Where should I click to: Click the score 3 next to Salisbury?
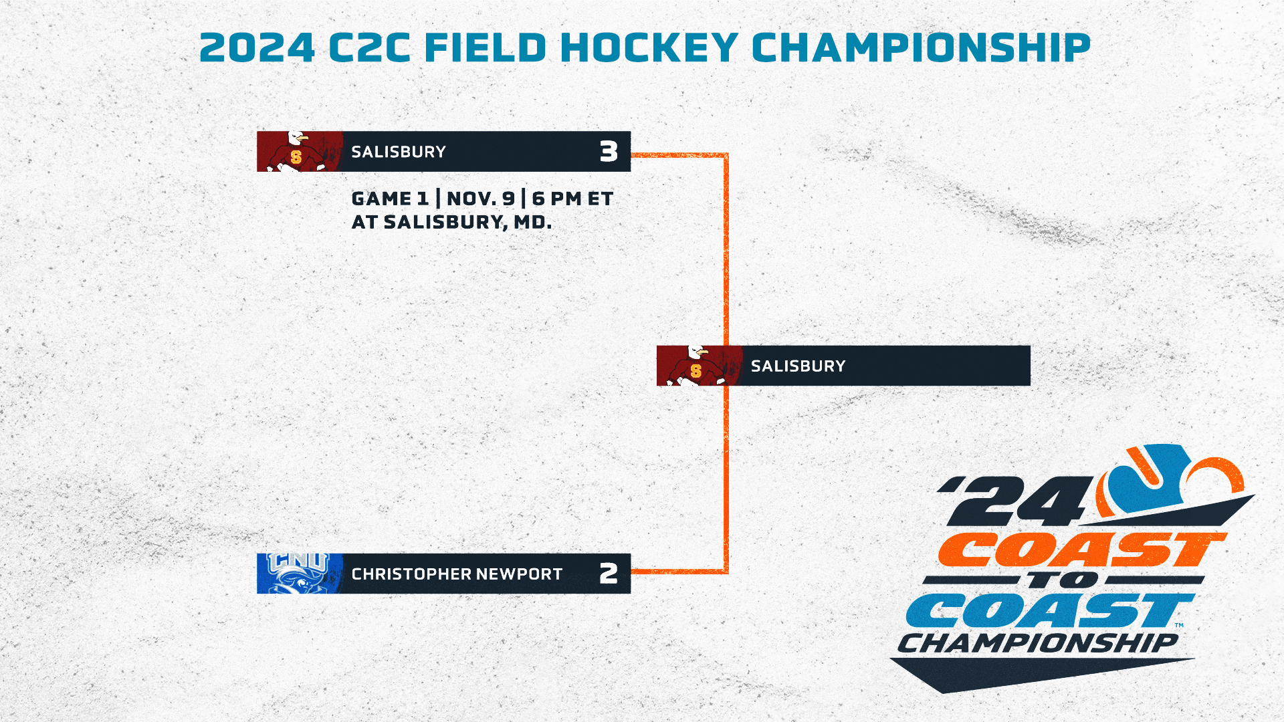click(609, 152)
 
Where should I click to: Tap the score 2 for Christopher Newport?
click(609, 574)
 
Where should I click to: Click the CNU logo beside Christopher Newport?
click(299, 574)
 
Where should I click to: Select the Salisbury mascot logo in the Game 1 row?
click(299, 152)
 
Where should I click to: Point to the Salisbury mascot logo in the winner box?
click(699, 366)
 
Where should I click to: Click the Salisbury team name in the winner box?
click(798, 366)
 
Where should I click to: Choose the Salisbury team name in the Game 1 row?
click(399, 152)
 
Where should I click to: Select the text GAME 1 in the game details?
click(390, 199)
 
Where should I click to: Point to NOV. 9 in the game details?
click(481, 199)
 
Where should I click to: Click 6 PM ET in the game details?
click(572, 199)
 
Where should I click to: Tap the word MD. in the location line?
click(532, 222)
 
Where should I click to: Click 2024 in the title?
click(257, 47)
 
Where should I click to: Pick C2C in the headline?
click(370, 47)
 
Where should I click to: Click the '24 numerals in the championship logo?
click(1016, 501)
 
